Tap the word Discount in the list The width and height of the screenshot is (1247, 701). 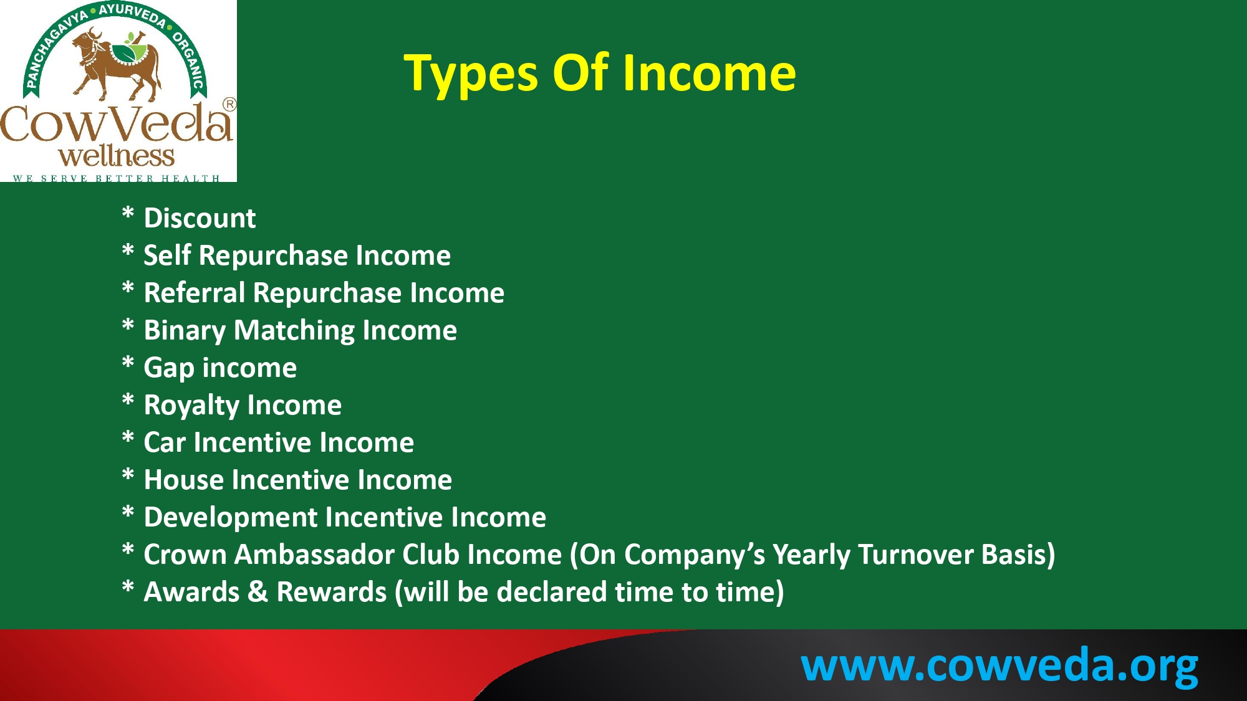coord(200,218)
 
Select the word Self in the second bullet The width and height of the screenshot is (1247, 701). coord(167,255)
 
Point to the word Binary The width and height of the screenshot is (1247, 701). coord(185,331)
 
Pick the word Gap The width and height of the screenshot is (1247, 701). coord(169,368)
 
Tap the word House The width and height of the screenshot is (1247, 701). coord(184,480)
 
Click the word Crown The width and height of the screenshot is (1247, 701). coord(185,555)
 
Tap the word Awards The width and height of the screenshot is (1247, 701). coord(191,592)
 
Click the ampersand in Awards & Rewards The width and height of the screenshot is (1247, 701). coord(258,592)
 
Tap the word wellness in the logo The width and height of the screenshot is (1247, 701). coord(117,156)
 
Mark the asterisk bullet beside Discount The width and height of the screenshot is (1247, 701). coord(128,213)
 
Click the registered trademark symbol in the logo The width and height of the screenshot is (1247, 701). coord(229,105)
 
